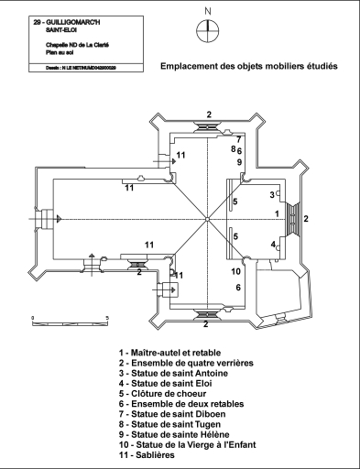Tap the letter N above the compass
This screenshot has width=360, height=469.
pyautogui.click(x=209, y=11)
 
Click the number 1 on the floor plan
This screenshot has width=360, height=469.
pyautogui.click(x=277, y=213)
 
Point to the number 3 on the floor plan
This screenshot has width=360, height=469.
pyautogui.click(x=272, y=195)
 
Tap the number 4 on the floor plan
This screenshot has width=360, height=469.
pyautogui.click(x=272, y=245)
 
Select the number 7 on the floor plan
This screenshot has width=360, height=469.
pyautogui.click(x=238, y=139)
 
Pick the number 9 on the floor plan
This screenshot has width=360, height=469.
pyautogui.click(x=239, y=162)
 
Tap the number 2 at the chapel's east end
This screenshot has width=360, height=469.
pyautogui.click(x=307, y=218)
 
